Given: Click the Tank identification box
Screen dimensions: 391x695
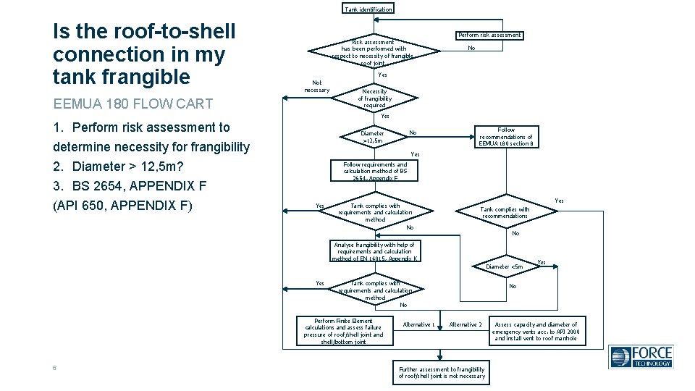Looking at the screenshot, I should (x=368, y=9).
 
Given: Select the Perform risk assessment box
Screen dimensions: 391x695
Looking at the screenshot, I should (x=490, y=35).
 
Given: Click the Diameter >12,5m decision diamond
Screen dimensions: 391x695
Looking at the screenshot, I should (x=374, y=137).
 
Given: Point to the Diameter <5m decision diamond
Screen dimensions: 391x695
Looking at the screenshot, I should (x=505, y=266).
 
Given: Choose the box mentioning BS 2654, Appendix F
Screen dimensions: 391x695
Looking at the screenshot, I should (x=375, y=171).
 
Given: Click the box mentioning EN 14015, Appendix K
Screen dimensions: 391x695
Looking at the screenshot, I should (x=375, y=251).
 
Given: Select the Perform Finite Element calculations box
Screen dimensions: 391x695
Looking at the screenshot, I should (x=343, y=332).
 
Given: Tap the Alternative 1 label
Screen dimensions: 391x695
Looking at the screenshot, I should (x=418, y=325).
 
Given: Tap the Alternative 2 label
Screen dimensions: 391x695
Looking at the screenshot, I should (x=465, y=325).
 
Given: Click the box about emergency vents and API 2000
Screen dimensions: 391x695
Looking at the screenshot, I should (x=536, y=331).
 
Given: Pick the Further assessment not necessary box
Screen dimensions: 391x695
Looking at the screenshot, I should (x=442, y=373).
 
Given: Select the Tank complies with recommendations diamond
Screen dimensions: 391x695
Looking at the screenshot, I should (x=505, y=212).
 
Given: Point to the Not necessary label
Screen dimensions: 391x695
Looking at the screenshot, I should (x=316, y=86).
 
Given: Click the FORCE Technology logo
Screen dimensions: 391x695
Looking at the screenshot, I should (x=641, y=357).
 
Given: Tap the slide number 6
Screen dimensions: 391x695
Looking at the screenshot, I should (x=55, y=368).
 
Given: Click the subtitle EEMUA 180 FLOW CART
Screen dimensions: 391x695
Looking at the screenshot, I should (x=132, y=104).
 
